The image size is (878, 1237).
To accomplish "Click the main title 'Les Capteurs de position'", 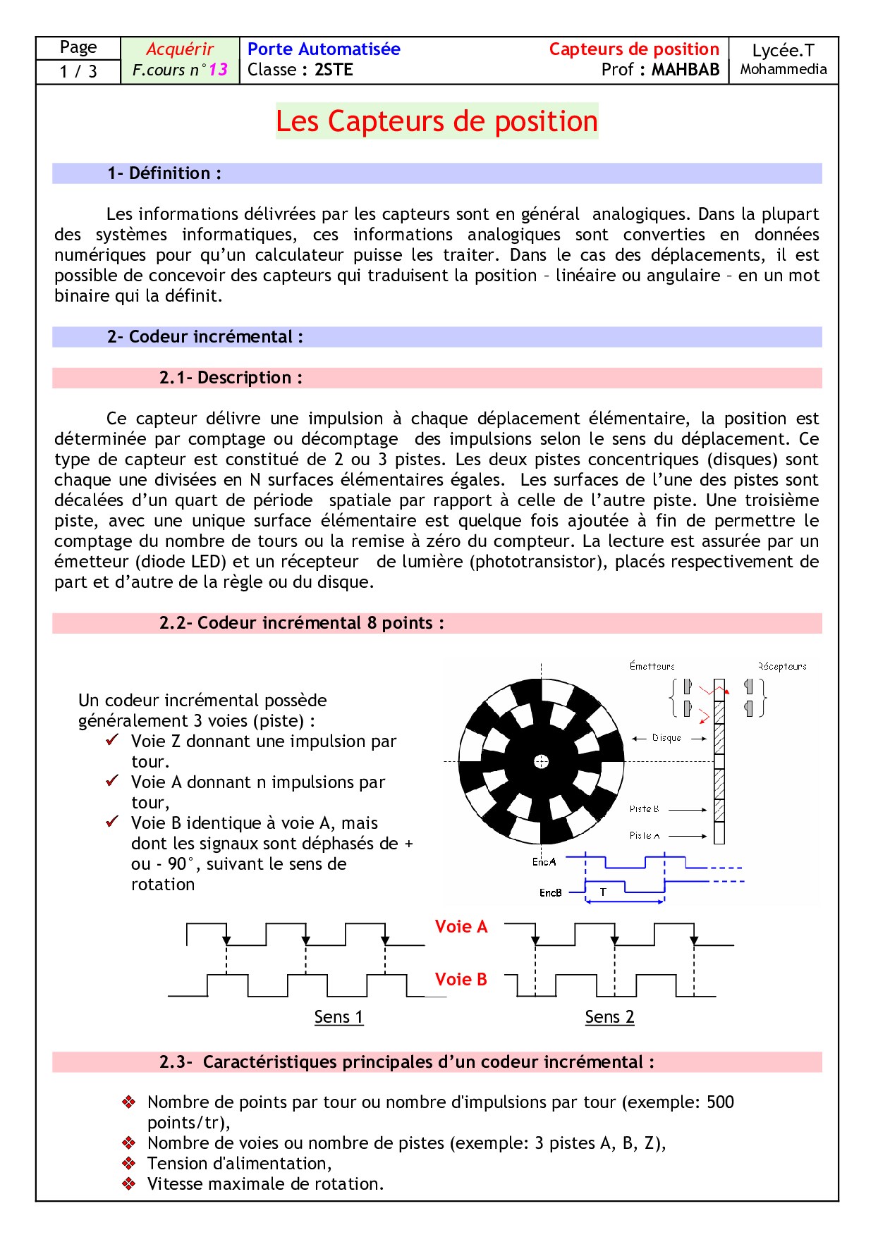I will pyautogui.click(x=437, y=121).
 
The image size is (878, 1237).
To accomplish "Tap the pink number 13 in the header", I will pyautogui.click(x=218, y=70).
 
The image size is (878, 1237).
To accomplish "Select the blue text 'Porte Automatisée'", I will pyautogui.click(x=324, y=49).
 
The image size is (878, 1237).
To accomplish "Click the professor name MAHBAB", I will pyautogui.click(x=685, y=70).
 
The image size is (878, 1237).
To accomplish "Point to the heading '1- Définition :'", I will pyautogui.click(x=164, y=173).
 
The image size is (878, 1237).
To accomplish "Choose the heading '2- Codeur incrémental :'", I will pyautogui.click(x=205, y=337).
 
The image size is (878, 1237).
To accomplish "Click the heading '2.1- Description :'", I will pyautogui.click(x=231, y=378).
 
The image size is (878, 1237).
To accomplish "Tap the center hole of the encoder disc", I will pyautogui.click(x=541, y=761).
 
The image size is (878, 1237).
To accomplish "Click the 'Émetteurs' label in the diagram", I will pyautogui.click(x=652, y=666).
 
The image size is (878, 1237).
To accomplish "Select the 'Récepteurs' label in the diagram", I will pyautogui.click(x=782, y=666).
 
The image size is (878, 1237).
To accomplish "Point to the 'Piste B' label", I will pyautogui.click(x=644, y=809).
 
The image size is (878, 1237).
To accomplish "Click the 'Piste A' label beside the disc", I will pyautogui.click(x=644, y=836).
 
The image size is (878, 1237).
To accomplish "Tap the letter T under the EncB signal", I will pyautogui.click(x=603, y=892).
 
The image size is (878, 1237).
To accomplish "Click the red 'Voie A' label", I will pyautogui.click(x=461, y=927).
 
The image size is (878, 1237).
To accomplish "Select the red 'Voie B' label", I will pyautogui.click(x=461, y=980).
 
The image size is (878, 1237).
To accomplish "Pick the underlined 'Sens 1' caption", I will pyautogui.click(x=339, y=1017).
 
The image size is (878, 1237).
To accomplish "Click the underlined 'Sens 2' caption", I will pyautogui.click(x=609, y=1017).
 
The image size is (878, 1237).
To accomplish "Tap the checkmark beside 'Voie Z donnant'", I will pyautogui.click(x=112, y=740).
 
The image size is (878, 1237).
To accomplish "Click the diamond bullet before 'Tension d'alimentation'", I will pyautogui.click(x=128, y=1163).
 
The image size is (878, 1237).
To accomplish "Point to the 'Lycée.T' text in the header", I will pyautogui.click(x=783, y=51).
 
